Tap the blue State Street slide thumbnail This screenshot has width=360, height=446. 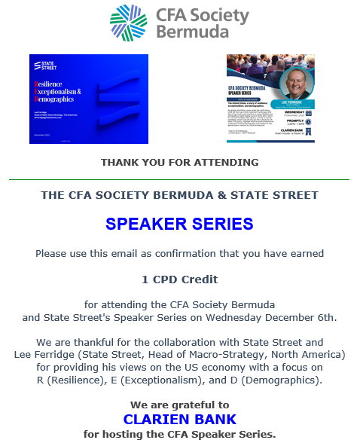click(88, 98)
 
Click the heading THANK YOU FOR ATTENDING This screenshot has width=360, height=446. click(179, 162)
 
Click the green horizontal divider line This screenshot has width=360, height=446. click(179, 180)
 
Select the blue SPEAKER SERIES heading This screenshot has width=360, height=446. click(179, 224)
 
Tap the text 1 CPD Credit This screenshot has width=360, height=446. click(179, 279)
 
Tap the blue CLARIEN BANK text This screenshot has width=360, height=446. click(179, 419)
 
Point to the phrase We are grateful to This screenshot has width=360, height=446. click(179, 405)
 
